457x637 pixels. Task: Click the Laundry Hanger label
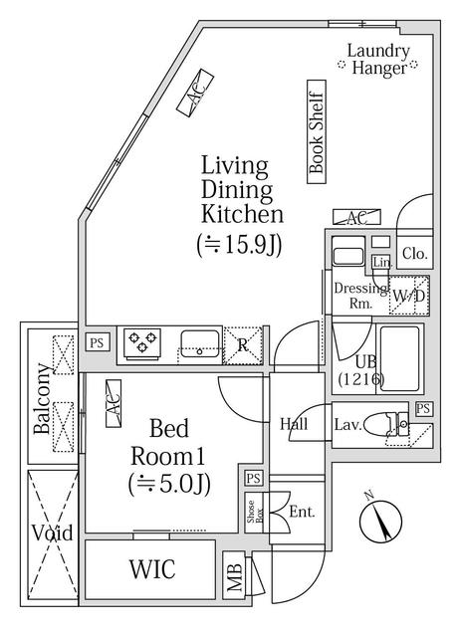click(x=377, y=60)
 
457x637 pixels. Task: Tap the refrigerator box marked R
click(x=243, y=343)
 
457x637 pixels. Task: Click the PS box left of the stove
click(x=97, y=341)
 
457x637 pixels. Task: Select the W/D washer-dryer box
click(x=410, y=296)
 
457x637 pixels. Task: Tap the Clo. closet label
click(x=415, y=255)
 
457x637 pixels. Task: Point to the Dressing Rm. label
click(x=356, y=296)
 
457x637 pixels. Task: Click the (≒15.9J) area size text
click(x=243, y=244)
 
